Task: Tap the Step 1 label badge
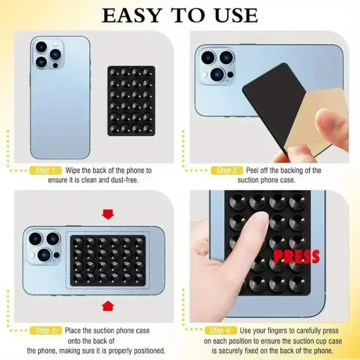pos(46,170)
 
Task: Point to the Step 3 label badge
pos(46,331)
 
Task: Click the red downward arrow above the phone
pos(107,215)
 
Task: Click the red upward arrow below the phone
pos(107,305)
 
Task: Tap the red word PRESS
pos(296,256)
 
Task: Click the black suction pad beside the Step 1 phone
pos(131,101)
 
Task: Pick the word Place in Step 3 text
pos(74,331)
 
